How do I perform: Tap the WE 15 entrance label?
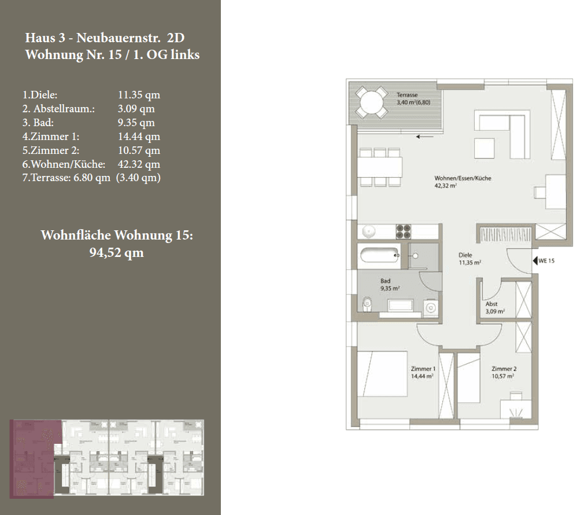(546, 262)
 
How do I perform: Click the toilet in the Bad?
(366, 304)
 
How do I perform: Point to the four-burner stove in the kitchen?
(404, 231)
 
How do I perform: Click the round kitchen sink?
(369, 231)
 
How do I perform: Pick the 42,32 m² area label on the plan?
(446, 186)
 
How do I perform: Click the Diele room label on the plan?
(465, 255)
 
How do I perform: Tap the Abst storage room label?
(491, 304)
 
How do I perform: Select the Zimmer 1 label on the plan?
(423, 369)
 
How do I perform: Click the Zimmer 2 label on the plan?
(504, 369)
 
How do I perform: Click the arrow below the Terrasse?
(425, 137)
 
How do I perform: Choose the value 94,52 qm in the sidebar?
(116, 253)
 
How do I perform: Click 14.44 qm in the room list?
(139, 137)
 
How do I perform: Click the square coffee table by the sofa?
(485, 148)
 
